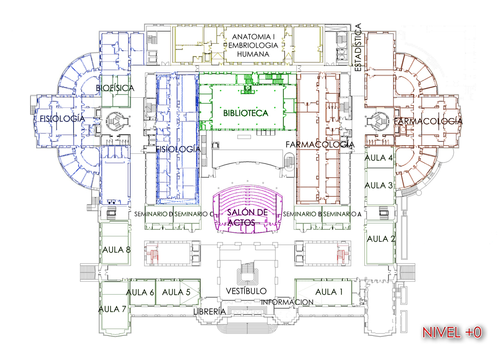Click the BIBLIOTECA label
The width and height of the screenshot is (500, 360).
(245, 113)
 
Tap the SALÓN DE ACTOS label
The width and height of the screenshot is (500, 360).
(247, 217)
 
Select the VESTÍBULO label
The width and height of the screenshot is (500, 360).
(246, 291)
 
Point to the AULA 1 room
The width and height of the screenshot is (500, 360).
(323, 292)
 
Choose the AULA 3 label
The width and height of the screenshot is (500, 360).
(379, 185)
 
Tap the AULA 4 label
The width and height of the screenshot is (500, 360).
(379, 158)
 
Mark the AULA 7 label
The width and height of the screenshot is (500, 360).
(112, 309)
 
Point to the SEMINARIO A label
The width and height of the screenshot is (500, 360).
(342, 214)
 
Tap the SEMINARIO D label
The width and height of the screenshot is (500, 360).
(153, 214)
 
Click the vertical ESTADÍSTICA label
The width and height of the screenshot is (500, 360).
(358, 47)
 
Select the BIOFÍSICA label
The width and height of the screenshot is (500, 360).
(115, 88)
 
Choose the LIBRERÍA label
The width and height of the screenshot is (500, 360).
(210, 311)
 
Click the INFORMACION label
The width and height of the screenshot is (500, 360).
(287, 302)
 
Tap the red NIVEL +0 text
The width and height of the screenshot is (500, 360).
(452, 333)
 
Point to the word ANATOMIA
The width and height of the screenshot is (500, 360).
(251, 37)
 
